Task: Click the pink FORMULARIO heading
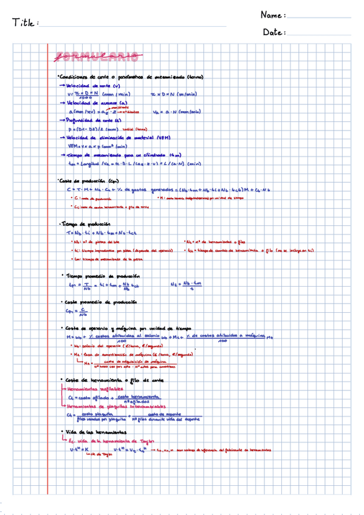[x=97, y=58]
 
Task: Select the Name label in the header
[x=273, y=15]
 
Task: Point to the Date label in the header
[x=274, y=32]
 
